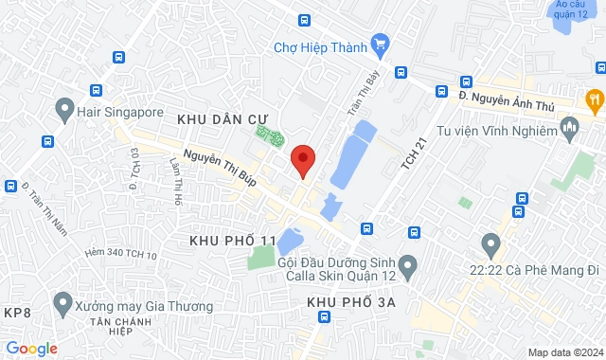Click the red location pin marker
[x=302, y=160]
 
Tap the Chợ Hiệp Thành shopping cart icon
[x=380, y=44]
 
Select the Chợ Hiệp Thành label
[x=320, y=46]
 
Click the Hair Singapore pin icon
[x=64, y=110]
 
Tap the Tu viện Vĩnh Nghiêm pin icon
[x=569, y=125]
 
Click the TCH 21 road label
[x=409, y=154]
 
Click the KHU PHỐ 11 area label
[x=233, y=242]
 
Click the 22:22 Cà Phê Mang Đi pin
[x=490, y=244]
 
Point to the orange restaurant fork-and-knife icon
[x=594, y=97]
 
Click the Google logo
[x=30, y=349]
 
